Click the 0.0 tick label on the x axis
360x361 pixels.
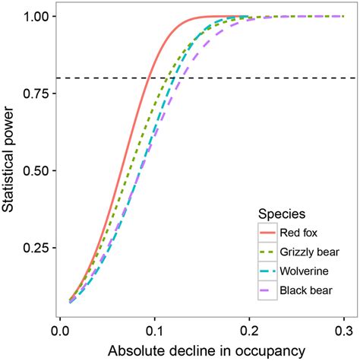click(x=59, y=331)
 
